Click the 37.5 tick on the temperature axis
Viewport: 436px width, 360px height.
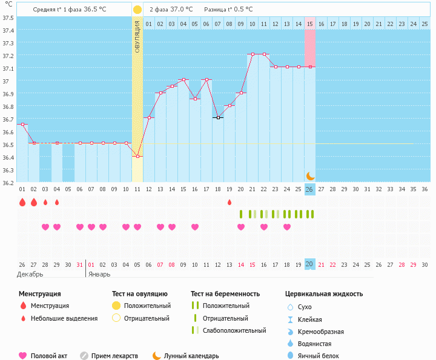pyautogui.click(x=8, y=17)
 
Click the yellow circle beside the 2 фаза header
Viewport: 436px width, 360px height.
pyautogui.click(x=137, y=10)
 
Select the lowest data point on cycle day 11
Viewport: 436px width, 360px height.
pyautogui.click(x=137, y=156)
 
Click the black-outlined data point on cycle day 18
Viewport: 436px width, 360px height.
pyautogui.click(x=218, y=117)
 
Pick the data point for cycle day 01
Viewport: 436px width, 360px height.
pyautogui.click(x=22, y=124)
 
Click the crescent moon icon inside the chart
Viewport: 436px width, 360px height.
pyautogui.click(x=310, y=175)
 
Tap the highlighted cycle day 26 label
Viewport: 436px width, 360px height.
pyautogui.click(x=309, y=189)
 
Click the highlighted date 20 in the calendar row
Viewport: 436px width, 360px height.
pyautogui.click(x=309, y=264)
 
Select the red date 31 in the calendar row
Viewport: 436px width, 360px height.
pyautogui.click(x=80, y=265)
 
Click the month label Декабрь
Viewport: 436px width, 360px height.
pyautogui.click(x=30, y=274)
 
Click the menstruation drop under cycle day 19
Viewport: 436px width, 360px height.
pyautogui.click(x=230, y=202)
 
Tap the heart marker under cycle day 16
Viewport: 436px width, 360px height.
pyautogui.click(x=195, y=227)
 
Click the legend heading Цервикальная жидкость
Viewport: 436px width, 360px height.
pyautogui.click(x=324, y=294)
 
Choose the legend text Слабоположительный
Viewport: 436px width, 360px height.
pyautogui.click(x=234, y=330)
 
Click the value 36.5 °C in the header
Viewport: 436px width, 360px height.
pyautogui.click(x=95, y=10)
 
